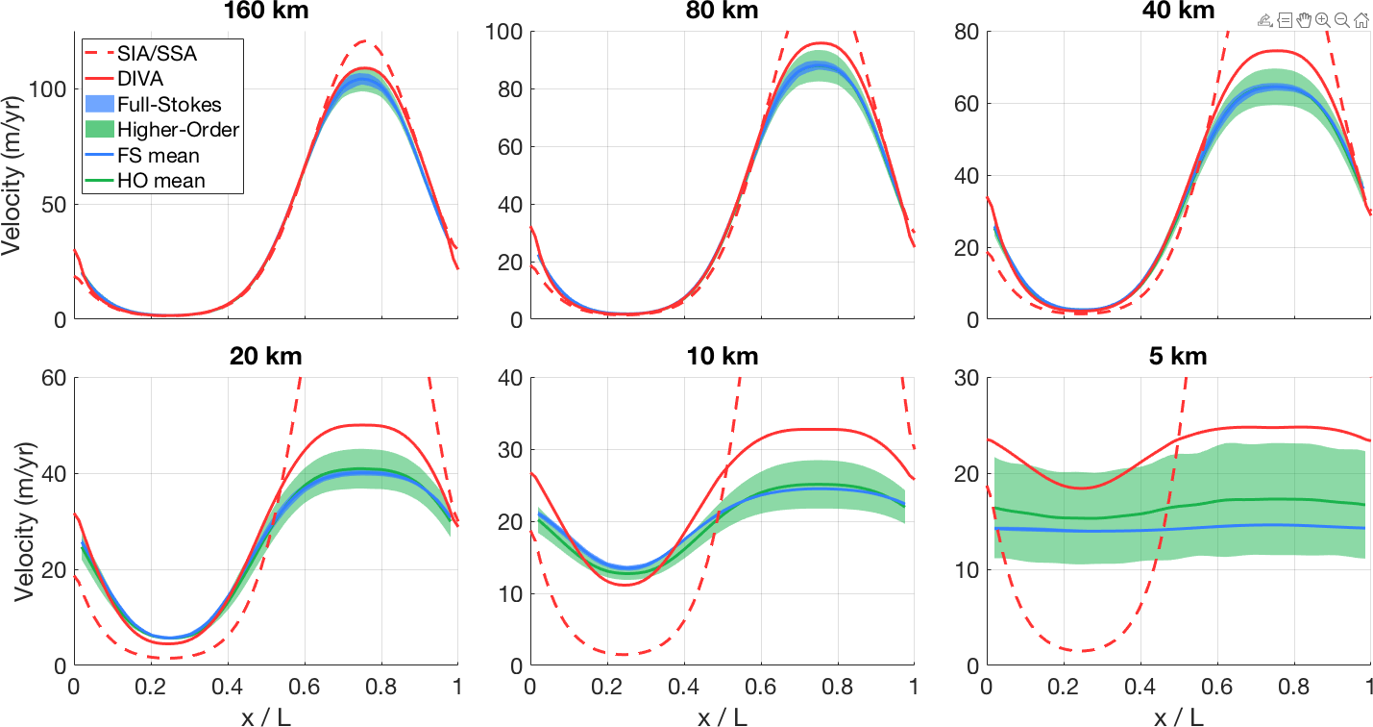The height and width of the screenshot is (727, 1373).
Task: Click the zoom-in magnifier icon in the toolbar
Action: click(1323, 19)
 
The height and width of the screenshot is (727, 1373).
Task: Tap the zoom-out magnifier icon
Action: click(1342, 19)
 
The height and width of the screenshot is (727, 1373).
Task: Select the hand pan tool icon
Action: click(1304, 19)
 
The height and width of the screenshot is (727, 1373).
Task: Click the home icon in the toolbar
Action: click(1361, 19)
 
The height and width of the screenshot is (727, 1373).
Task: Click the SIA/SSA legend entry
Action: click(157, 54)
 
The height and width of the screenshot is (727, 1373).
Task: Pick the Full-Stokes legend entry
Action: click(169, 104)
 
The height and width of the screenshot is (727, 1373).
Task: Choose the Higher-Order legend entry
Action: click(178, 129)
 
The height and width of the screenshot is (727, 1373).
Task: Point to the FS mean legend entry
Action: click(159, 154)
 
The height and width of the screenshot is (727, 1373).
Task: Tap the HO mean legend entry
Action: click(160, 179)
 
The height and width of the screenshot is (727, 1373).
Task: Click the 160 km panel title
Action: click(265, 12)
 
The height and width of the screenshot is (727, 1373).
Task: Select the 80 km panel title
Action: click(722, 12)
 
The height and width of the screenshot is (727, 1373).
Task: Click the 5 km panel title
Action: click(1178, 357)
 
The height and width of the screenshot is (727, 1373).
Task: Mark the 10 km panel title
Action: click(722, 357)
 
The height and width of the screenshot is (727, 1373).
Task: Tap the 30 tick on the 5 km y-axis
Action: click(968, 378)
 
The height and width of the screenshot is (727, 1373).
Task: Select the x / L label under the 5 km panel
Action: click(1178, 715)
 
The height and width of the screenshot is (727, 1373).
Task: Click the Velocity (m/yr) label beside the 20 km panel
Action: click(13, 520)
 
